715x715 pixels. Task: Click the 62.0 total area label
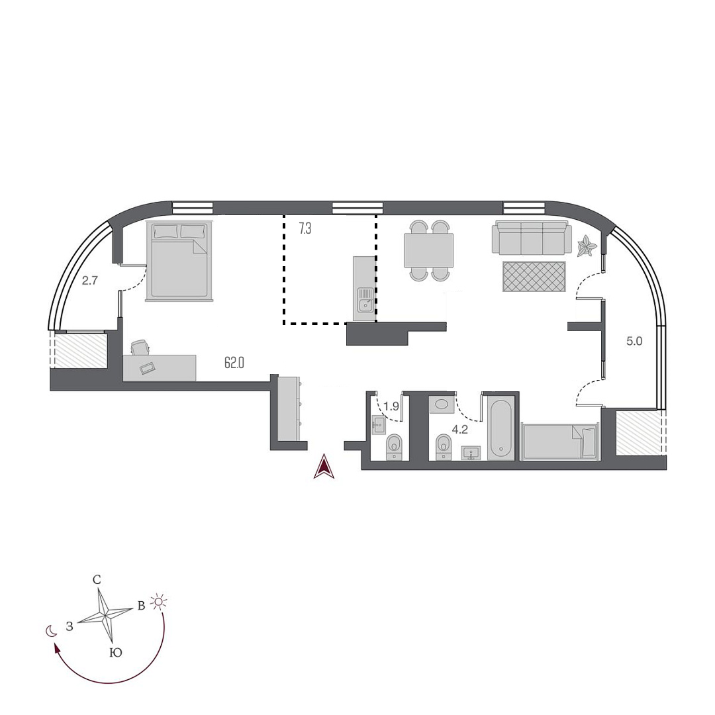pos(234,362)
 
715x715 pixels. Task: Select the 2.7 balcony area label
pos(89,281)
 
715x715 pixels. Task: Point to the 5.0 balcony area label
pos(634,342)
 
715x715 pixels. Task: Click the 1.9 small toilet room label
pos(391,406)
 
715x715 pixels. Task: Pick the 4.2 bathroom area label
pos(459,429)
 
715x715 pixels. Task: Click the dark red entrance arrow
pos(324,467)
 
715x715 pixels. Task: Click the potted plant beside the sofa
pos(586,248)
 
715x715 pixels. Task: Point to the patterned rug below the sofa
pos(534,276)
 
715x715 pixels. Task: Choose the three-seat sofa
pos(531,238)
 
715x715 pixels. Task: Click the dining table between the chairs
pos(428,250)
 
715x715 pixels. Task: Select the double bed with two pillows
pos(180,260)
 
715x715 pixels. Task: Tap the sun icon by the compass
pos(159,601)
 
